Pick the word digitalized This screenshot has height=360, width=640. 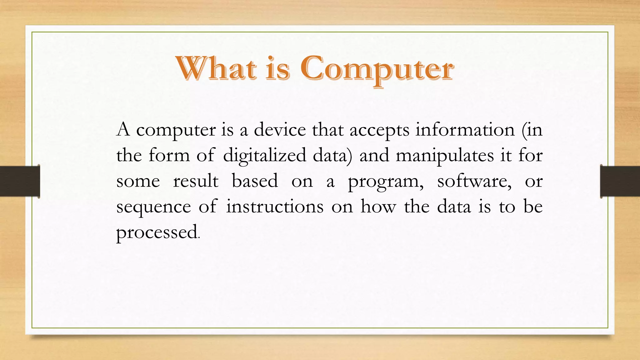[x=264, y=156]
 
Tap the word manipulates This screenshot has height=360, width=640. [x=445, y=156]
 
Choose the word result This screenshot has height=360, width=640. [x=196, y=181]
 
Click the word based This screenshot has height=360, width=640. [x=255, y=181]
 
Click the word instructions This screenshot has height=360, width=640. [x=275, y=207]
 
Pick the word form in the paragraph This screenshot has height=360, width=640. [x=169, y=155]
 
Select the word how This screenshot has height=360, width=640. [x=378, y=207]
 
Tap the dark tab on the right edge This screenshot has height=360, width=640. [x=620, y=181]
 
